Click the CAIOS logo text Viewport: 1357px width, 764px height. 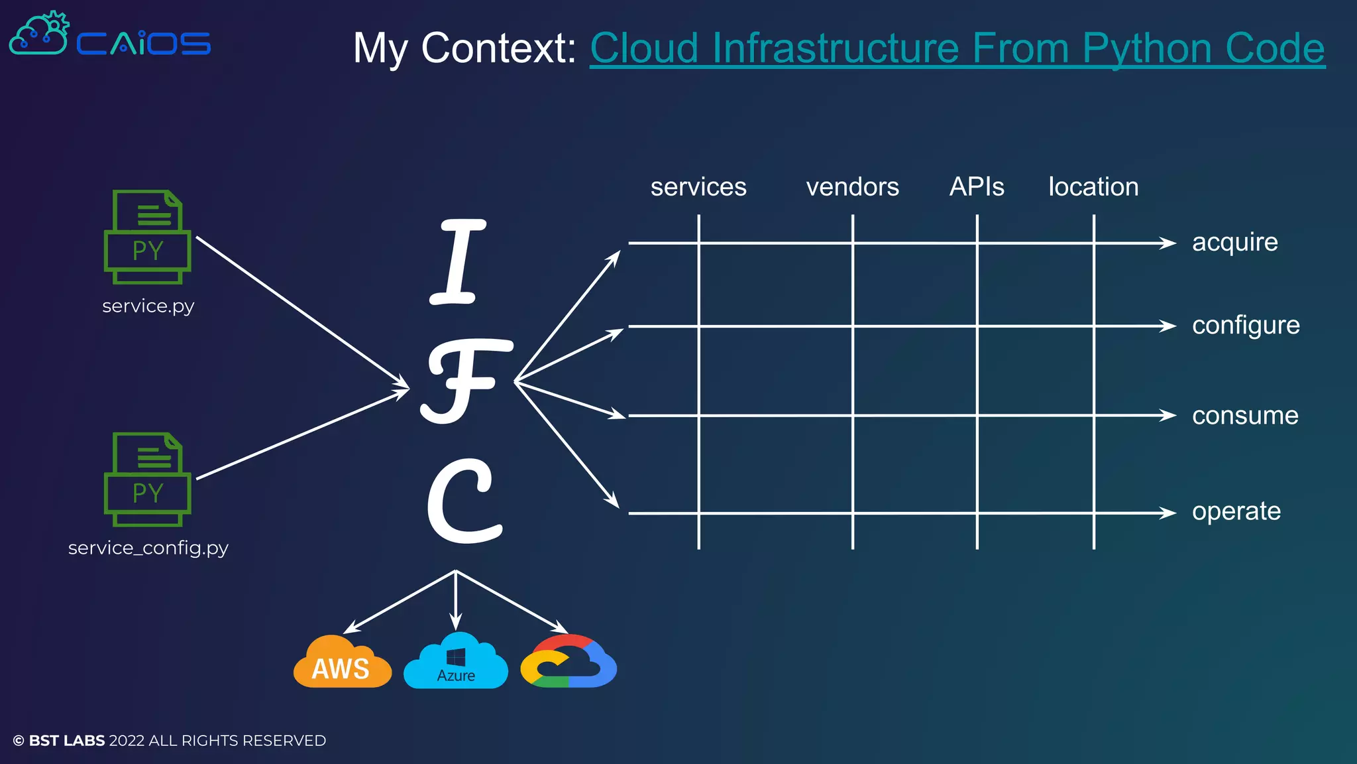tap(143, 44)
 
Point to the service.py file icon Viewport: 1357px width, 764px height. tap(148, 237)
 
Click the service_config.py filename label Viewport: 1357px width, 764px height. tap(148, 548)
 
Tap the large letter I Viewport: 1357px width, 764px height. tap(458, 261)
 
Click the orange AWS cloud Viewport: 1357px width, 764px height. tap(341, 663)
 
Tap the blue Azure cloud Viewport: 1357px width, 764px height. tap(456, 663)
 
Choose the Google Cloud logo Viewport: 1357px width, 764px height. tap(569, 663)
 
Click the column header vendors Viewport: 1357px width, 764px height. tap(852, 187)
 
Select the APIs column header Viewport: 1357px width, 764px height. tap(977, 187)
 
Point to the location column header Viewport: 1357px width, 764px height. tap(1093, 187)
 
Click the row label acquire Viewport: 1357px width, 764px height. tap(1234, 243)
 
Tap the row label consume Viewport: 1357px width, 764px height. tap(1245, 416)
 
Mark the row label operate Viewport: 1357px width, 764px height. tap(1236, 511)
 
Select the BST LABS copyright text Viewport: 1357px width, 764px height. tap(170, 741)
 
